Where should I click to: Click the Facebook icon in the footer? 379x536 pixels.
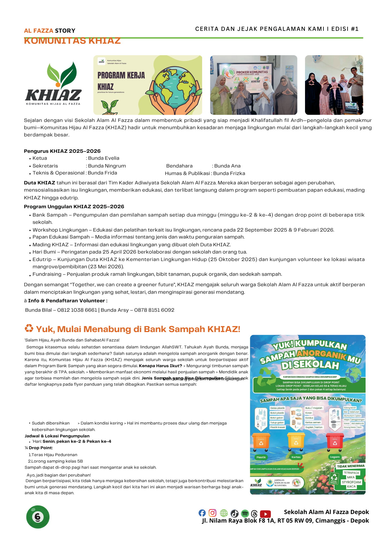(202, 513)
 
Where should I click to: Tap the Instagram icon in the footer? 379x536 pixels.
(213, 513)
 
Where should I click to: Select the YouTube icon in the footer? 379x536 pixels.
(265, 514)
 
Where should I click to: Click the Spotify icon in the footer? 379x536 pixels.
(245, 513)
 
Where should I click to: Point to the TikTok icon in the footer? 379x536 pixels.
(235, 513)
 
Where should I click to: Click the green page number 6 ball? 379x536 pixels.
(38, 517)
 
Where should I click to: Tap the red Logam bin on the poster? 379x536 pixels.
(335, 441)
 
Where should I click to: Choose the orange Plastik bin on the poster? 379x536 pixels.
(261, 441)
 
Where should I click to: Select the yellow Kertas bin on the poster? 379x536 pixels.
(296, 441)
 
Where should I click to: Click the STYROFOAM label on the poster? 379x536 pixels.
(351, 482)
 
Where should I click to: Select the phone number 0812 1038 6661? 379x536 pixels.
(77, 310)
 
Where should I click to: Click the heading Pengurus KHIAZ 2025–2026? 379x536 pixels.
(62, 151)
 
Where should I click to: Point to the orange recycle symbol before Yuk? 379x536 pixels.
(29, 328)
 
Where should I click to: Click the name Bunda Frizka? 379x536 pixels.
(229, 173)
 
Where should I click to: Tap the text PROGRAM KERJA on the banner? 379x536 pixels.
(121, 75)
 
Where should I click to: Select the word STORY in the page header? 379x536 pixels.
(65, 31)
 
